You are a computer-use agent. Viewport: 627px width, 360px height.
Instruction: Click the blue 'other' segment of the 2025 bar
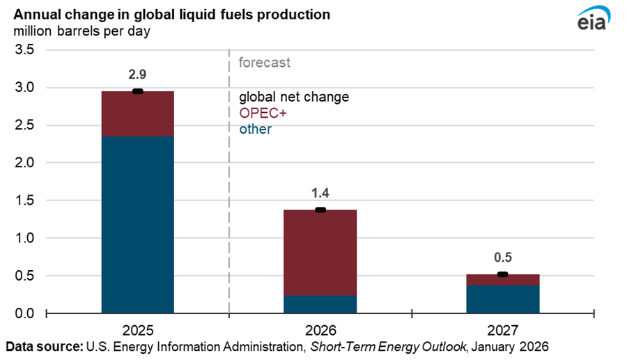[x=137, y=224]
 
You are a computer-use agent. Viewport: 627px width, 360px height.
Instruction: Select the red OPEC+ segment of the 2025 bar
[x=137, y=114]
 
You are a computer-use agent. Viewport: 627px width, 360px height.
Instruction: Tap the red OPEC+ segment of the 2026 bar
[x=320, y=252]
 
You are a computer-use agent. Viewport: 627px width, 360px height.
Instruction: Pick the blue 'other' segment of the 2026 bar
[x=320, y=304]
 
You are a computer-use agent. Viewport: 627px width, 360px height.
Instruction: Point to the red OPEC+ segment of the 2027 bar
[x=503, y=280]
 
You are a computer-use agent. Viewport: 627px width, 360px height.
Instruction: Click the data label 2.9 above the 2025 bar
[x=137, y=74]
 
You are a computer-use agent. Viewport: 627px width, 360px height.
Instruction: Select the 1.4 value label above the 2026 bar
[x=320, y=193]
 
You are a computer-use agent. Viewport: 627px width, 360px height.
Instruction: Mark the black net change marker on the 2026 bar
[x=320, y=210]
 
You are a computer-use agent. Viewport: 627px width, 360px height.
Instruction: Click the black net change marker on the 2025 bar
[x=137, y=91]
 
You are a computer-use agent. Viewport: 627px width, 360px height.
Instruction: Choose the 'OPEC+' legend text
[x=258, y=114]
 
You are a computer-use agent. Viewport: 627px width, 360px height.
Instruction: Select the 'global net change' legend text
[x=293, y=97]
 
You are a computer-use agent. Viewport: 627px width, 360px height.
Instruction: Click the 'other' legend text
[x=255, y=130]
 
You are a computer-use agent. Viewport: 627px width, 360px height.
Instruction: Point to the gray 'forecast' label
[x=264, y=63]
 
